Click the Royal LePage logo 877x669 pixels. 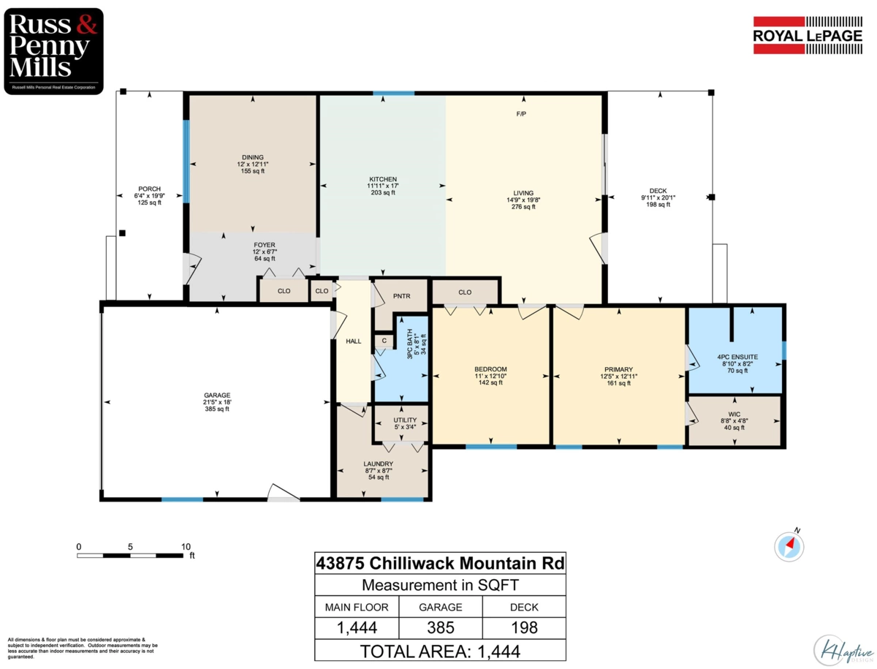pos(808,35)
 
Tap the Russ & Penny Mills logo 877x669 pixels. pos(53,50)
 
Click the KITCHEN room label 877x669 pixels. pos(383,179)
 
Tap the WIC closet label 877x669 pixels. pos(733,414)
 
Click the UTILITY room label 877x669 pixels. pos(405,420)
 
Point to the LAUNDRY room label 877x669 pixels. pos(379,464)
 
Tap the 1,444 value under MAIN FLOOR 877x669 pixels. pos(357,627)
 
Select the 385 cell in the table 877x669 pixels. pos(440,627)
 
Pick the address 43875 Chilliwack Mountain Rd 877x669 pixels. pos(440,564)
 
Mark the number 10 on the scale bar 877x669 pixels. pos(186,546)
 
